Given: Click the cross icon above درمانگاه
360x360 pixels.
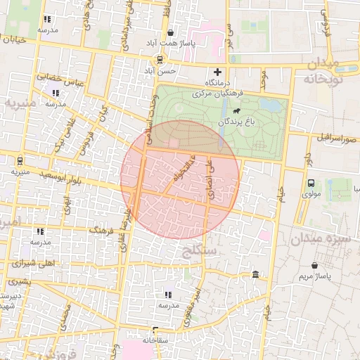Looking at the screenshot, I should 217,72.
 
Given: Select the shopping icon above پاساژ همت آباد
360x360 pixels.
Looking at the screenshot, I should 171,32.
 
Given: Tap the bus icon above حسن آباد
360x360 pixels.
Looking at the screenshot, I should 160,59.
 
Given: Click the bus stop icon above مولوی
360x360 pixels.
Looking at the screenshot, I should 310,183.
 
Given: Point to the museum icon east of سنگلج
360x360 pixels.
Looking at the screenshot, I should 255,274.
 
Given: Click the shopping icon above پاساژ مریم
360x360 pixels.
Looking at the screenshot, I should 314,266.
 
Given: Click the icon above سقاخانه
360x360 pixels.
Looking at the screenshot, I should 155,328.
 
